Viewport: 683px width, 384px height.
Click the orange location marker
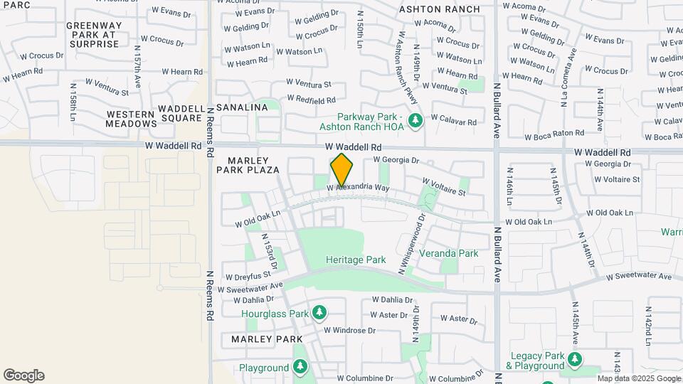(342, 169)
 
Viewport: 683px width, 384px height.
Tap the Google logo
(23, 375)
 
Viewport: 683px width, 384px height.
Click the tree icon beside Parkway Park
(415, 122)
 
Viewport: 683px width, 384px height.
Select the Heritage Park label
(356, 260)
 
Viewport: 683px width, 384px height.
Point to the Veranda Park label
(448, 253)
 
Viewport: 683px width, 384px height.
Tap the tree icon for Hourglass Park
(319, 313)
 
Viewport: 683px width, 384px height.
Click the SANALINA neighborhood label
(242, 107)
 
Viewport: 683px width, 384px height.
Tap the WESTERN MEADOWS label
(131, 119)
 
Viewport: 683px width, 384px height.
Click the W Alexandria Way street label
(359, 188)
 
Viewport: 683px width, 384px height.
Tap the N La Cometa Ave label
(567, 78)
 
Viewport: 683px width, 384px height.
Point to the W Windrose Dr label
(349, 331)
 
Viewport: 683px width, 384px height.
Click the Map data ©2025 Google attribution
(638, 378)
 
